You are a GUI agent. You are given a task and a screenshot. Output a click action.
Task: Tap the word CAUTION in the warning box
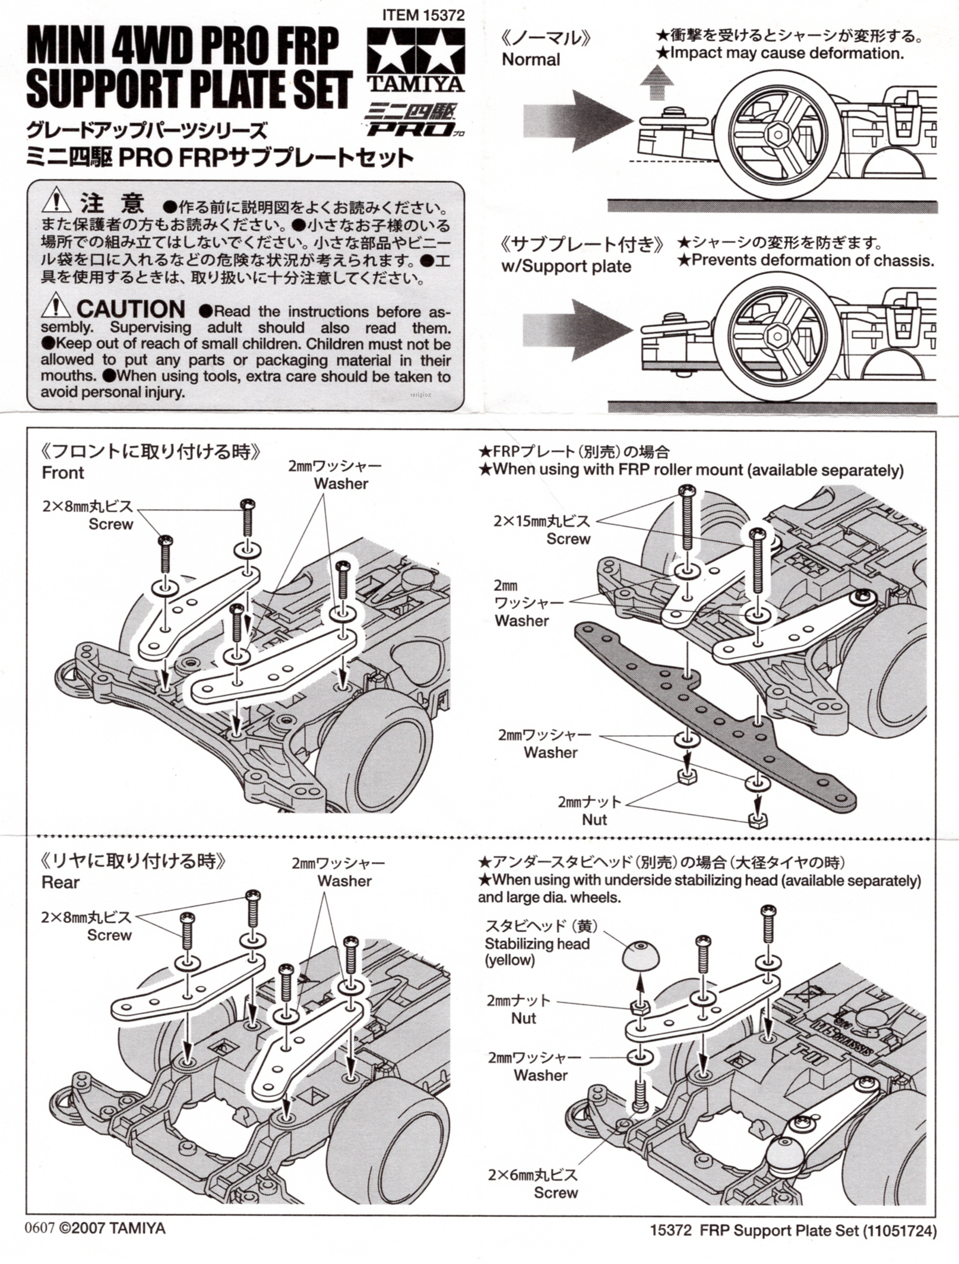click(131, 309)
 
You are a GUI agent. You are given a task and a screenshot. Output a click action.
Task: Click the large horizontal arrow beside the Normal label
click(576, 121)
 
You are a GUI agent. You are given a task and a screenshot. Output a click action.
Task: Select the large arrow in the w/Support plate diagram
click(576, 330)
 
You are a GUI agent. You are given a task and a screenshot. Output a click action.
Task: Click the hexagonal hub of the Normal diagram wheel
click(777, 134)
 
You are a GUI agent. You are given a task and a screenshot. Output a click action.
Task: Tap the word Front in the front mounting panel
click(63, 473)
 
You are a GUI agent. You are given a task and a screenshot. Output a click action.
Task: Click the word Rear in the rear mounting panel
click(61, 882)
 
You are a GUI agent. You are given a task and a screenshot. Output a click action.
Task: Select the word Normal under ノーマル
click(530, 59)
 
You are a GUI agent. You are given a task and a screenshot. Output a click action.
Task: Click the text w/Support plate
click(566, 266)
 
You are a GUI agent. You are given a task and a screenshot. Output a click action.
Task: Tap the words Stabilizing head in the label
click(537, 943)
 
